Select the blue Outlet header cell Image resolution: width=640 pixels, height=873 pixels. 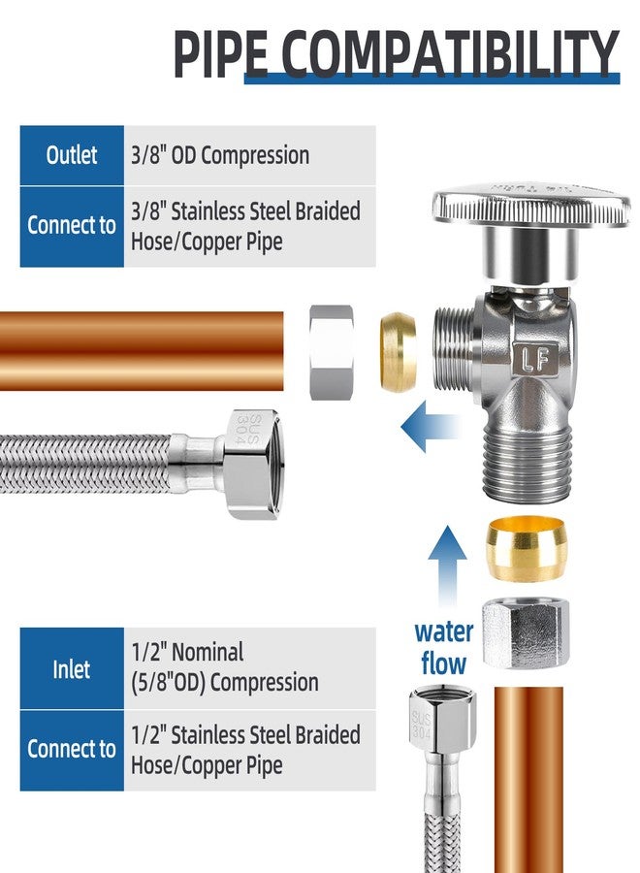[72, 155]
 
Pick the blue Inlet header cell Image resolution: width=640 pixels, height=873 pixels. [72, 669]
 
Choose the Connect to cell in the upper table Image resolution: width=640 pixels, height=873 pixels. [72, 226]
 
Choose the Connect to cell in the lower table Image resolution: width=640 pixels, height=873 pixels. [72, 750]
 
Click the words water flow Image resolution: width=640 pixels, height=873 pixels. [444, 648]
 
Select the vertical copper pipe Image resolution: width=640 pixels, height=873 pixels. [528, 776]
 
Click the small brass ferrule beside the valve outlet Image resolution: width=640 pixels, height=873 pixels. [397, 350]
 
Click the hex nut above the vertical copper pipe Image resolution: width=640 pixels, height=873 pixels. [527, 634]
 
